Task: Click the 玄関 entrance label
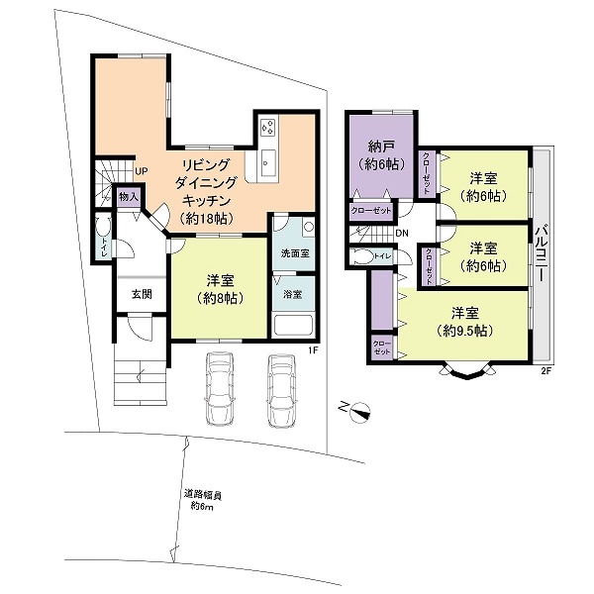142,294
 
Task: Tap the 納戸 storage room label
382,146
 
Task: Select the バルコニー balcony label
543,253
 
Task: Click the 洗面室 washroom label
295,253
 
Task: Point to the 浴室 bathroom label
292,294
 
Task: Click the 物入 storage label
129,197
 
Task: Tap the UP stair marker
141,171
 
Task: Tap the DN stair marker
402,234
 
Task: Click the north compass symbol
356,411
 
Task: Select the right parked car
281,390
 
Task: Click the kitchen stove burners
268,127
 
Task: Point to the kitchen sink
268,162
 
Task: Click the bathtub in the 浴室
293,324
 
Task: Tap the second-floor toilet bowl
363,256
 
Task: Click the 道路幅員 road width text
202,494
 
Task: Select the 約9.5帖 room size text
464,331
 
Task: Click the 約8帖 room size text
220,299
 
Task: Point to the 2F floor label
545,371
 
